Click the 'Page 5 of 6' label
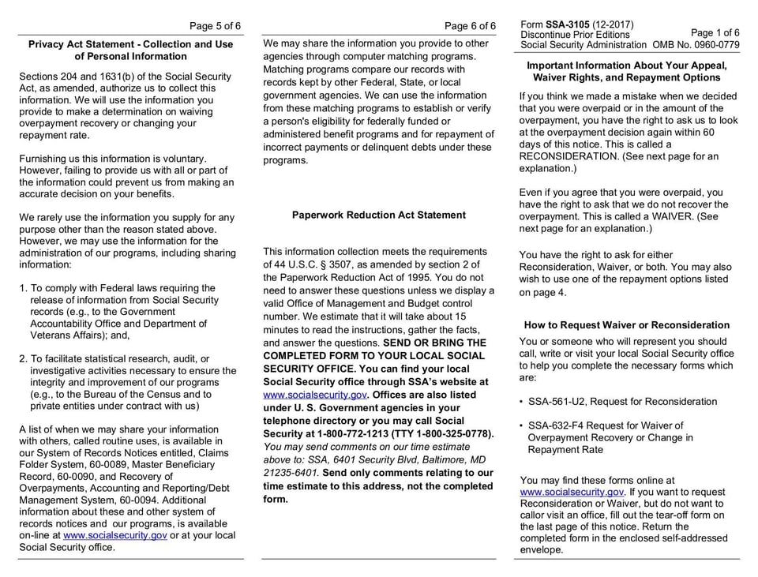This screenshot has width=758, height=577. coord(216,25)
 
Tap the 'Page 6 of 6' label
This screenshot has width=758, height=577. coord(470,26)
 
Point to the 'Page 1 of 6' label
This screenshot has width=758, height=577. coord(715,33)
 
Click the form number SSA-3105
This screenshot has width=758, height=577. coord(575,24)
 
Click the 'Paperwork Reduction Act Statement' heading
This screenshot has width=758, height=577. coord(378,215)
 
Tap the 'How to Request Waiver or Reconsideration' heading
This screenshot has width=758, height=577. coord(627,325)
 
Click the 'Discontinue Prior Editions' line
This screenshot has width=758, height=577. coord(576,35)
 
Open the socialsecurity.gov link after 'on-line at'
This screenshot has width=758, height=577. coord(115,534)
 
